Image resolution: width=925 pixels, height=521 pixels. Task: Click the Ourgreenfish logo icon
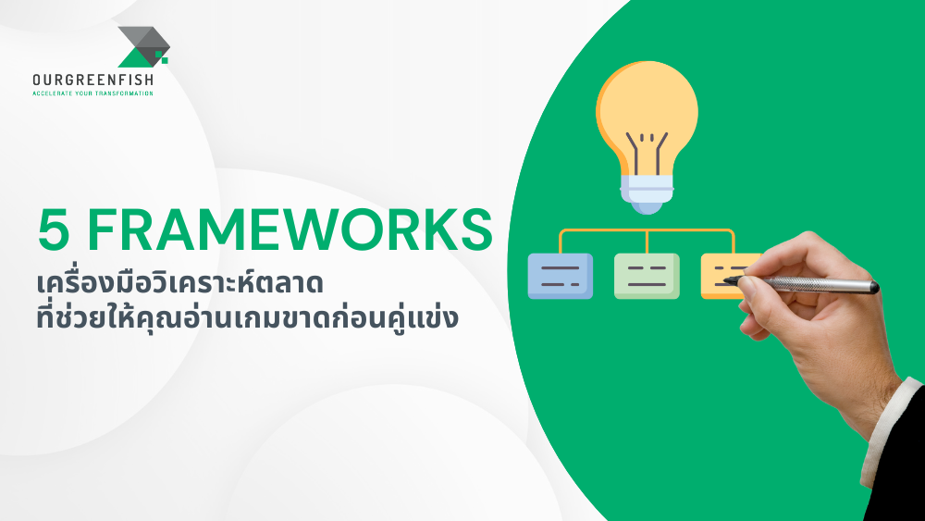click(142, 47)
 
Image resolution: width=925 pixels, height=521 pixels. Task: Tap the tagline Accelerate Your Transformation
click(92, 93)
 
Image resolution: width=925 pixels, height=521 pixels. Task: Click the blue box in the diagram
click(560, 276)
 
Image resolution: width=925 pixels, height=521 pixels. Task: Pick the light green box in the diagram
click(647, 276)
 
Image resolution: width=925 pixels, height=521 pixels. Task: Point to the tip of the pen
click(727, 279)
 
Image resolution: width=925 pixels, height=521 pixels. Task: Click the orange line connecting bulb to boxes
click(647, 229)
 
